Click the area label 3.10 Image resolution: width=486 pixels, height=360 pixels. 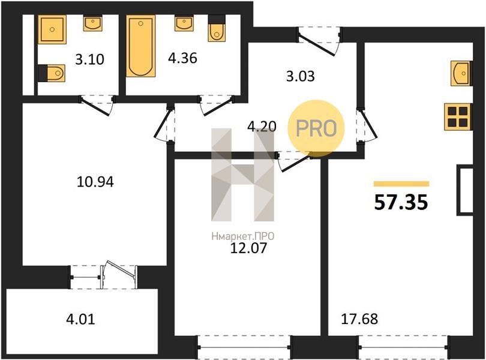tap(89, 59)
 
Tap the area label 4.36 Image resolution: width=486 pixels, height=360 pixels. tap(182, 58)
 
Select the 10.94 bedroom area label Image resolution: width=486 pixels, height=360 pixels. tap(95, 182)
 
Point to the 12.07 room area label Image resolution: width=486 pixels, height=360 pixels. tap(248, 248)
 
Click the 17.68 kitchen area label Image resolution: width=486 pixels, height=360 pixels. tap(359, 319)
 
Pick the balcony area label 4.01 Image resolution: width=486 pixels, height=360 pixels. tap(80, 319)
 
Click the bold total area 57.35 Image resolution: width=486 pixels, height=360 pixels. tap(401, 202)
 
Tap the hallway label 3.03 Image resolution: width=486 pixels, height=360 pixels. tap(301, 76)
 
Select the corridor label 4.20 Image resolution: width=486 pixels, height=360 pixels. tap(262, 126)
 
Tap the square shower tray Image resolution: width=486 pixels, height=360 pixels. tap(52, 29)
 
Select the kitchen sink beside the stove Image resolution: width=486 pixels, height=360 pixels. tap(462, 73)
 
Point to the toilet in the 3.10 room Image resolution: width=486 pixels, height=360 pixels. tap(52, 73)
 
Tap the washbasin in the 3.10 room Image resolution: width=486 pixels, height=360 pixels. tap(92, 23)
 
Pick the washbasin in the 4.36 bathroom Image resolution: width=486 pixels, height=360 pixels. tap(184, 23)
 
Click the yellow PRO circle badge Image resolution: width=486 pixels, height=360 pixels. tap(316, 128)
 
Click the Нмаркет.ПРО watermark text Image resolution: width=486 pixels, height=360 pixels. tap(242, 236)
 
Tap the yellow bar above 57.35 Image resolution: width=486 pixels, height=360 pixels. tap(401, 184)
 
